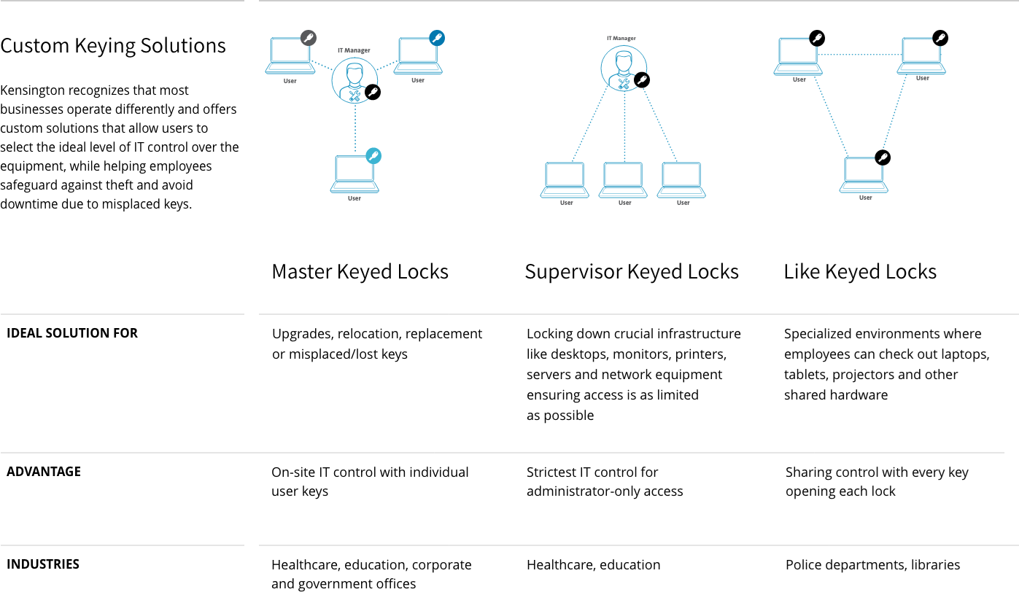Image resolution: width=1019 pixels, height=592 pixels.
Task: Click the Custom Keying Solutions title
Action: pyautogui.click(x=113, y=46)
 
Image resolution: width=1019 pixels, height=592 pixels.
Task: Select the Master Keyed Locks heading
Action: pyautogui.click(x=360, y=272)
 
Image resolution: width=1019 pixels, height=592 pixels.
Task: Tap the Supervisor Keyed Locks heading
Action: pyautogui.click(x=632, y=272)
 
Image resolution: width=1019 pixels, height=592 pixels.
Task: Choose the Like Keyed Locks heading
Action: pyautogui.click(x=860, y=272)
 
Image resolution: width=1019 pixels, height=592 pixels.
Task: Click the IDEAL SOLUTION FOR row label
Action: pyautogui.click(x=72, y=333)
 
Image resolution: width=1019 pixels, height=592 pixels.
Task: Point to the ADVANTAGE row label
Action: pyautogui.click(x=44, y=472)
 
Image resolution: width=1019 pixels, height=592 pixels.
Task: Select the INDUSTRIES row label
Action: pyautogui.click(x=43, y=564)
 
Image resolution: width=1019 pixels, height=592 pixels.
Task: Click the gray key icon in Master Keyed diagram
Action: pyautogui.click(x=309, y=38)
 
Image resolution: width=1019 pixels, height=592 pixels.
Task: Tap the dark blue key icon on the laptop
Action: pyautogui.click(x=437, y=38)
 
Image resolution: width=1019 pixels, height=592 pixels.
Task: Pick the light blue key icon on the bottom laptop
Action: pyautogui.click(x=373, y=156)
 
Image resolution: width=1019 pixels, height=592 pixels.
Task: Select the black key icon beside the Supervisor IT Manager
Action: pyautogui.click(x=642, y=80)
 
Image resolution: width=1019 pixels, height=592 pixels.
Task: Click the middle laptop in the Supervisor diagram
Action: pyautogui.click(x=623, y=180)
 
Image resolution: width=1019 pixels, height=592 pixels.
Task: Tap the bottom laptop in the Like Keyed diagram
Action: pyautogui.click(x=864, y=175)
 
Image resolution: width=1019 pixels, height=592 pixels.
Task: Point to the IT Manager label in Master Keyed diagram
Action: pyautogui.click(x=354, y=50)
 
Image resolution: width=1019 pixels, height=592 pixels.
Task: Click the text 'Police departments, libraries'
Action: pyautogui.click(x=872, y=565)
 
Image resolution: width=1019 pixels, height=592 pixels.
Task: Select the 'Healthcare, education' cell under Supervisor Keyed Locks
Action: pyautogui.click(x=593, y=565)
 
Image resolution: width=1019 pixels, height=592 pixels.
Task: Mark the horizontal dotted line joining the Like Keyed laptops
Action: pyautogui.click(x=860, y=55)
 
